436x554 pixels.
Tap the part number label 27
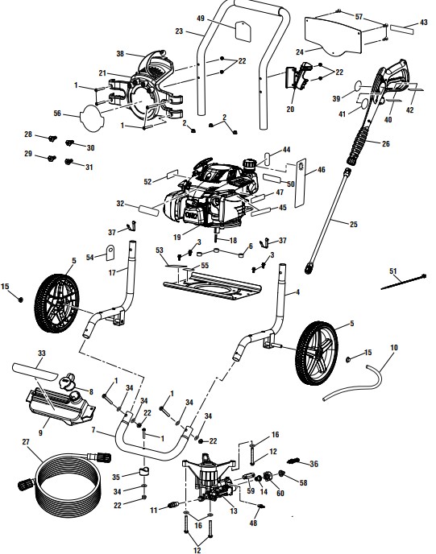26,442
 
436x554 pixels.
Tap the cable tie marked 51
400,282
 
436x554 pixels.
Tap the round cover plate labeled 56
93,115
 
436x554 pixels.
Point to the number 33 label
42,353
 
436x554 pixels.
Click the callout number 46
322,170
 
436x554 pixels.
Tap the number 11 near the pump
153,510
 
